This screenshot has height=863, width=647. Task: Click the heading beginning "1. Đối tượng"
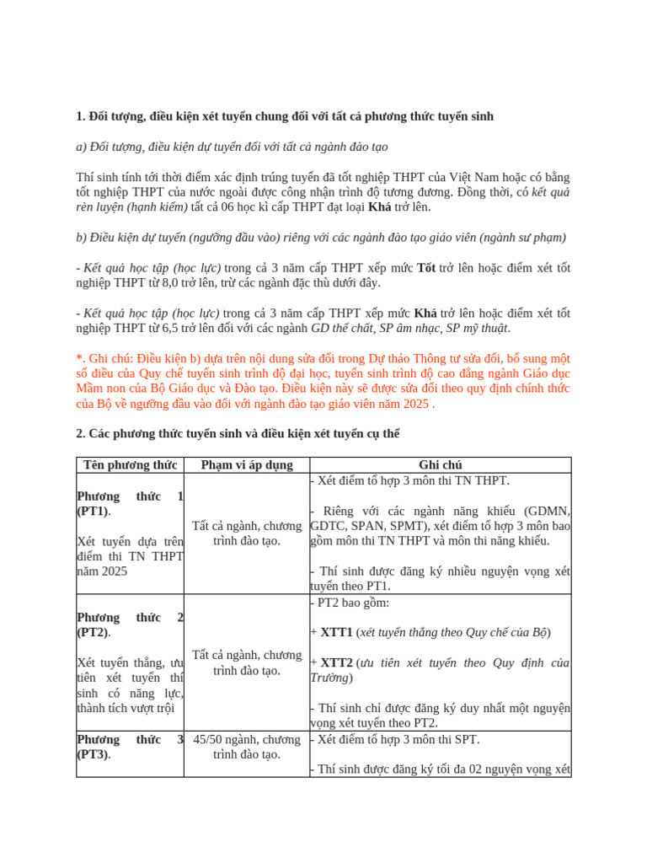pos(285,115)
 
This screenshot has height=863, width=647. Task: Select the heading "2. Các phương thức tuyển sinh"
pos(238,433)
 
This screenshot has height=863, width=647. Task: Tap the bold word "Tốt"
pos(426,268)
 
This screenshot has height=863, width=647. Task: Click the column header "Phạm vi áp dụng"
pos(247,465)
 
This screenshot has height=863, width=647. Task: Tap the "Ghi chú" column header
pos(441,465)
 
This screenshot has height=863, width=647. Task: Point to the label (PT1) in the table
pos(93,512)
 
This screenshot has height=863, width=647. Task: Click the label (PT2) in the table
pos(93,632)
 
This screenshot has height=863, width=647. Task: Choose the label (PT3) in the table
pos(93,754)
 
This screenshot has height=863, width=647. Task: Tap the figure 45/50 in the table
pos(211,740)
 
